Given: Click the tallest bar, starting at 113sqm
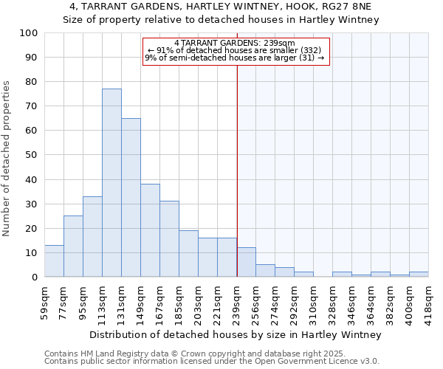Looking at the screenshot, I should pos(111,183).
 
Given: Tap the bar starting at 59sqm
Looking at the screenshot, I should pos(54,261).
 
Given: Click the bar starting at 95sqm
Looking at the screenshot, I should pos(92,237).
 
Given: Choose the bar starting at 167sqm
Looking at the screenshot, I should pos(169,239).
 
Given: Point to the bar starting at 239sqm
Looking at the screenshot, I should pos(246,263).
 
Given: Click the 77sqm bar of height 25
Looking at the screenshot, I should pos(73,246).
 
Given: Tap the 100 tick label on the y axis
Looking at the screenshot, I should pos(30,33).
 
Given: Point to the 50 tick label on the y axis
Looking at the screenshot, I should pos(32,155).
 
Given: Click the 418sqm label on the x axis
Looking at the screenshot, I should pos(429,302).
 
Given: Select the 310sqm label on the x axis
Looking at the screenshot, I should pos(314,302).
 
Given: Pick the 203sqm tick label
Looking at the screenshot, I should pos(199,302).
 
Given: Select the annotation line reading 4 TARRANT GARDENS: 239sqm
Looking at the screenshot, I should pos(235,43).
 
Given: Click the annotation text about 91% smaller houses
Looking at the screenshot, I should pos(235,50).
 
